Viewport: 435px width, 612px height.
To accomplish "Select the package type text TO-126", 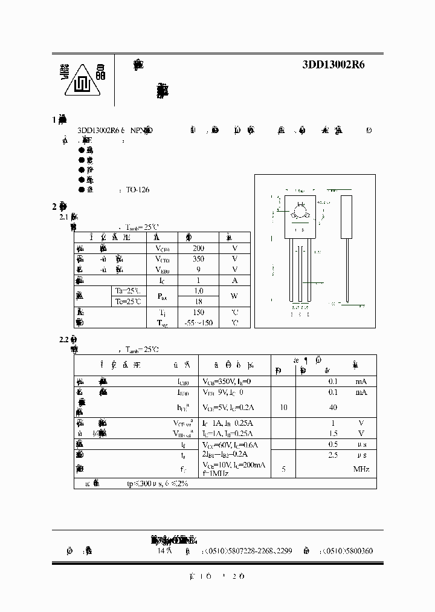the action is (138, 190).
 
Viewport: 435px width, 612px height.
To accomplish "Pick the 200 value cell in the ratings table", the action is (198, 248).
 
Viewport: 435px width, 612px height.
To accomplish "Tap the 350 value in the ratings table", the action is (198, 259).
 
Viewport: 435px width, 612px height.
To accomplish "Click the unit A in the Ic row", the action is (235, 281).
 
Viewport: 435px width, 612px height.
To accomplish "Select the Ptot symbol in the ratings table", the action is (163, 296).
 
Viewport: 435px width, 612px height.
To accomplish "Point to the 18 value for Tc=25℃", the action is (198, 302).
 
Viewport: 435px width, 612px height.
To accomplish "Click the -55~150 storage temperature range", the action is (198, 323).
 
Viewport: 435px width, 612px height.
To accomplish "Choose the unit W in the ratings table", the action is (235, 296).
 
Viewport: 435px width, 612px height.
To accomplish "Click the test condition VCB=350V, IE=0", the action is (234, 382).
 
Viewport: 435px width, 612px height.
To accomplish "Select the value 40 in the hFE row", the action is (333, 408).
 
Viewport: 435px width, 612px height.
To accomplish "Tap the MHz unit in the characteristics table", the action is (361, 469).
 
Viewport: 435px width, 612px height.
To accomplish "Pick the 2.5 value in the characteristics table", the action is (333, 454).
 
